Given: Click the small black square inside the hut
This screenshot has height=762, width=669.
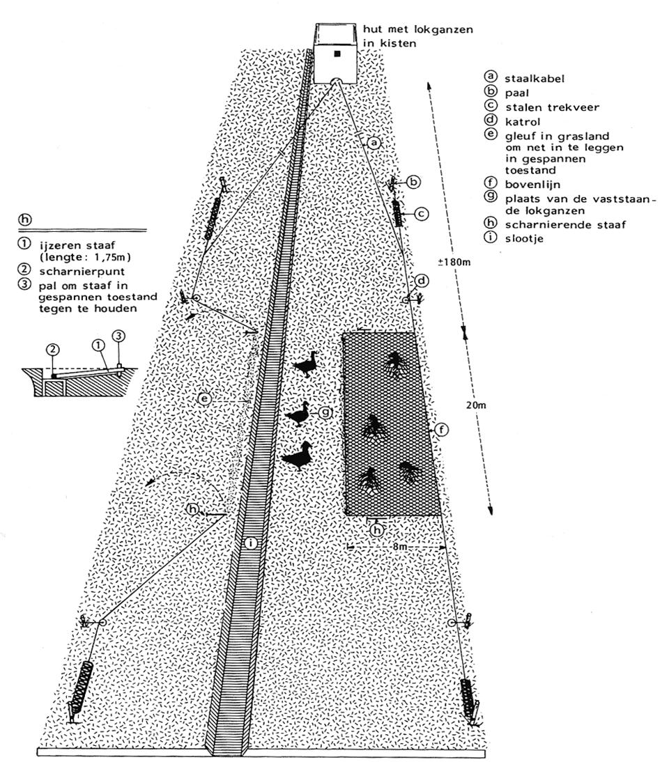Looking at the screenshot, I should coord(337,54).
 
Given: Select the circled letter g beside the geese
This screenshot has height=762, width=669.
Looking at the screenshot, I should coord(325,412).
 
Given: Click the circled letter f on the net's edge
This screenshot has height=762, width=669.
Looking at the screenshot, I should coord(440,430).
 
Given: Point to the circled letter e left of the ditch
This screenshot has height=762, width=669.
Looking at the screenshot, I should coord(205,398).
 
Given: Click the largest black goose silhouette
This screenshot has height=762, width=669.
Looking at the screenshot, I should coord(300,456).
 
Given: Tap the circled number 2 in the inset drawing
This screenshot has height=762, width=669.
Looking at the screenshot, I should coord(53,350).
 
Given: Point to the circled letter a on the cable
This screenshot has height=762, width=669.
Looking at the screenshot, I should coord(374,143).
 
